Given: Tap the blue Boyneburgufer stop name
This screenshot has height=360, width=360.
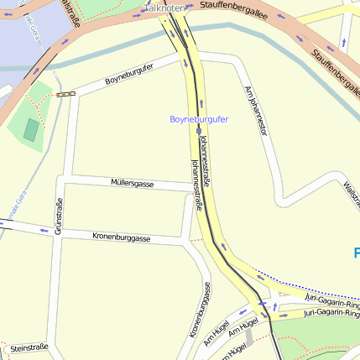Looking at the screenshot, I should [x=199, y=119].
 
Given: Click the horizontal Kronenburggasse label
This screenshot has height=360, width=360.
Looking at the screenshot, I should [x=122, y=237].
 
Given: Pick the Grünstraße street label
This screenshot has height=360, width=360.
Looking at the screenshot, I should [x=58, y=217].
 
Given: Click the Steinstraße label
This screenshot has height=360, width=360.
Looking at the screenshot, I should [x=28, y=347].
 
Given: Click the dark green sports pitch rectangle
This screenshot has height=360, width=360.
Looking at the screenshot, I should [x=31, y=130].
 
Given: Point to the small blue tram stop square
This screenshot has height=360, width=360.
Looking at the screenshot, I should [x=198, y=131].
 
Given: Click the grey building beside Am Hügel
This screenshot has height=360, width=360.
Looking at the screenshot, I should [x=248, y=337].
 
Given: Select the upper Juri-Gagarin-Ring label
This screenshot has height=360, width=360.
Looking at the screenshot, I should [x=332, y=298].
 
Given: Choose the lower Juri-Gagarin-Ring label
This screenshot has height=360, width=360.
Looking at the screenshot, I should [x=331, y=313].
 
